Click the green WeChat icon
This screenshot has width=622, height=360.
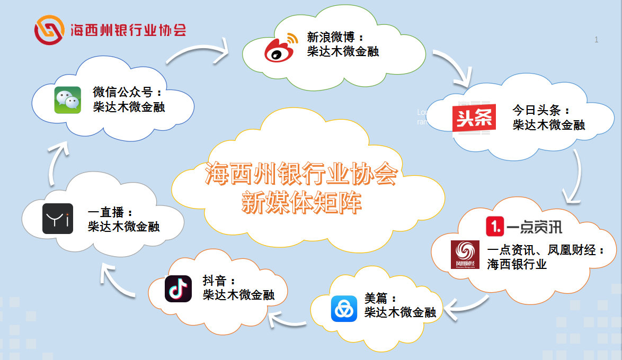point(67,100)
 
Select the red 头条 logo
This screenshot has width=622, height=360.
point(474,119)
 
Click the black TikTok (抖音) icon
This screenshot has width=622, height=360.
point(178,289)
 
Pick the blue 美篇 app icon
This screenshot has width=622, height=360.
point(344,308)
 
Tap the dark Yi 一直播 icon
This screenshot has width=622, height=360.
point(58,219)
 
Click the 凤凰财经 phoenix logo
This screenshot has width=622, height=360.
point(465,255)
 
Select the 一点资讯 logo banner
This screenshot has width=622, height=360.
point(523,227)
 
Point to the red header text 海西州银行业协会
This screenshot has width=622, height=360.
point(128,30)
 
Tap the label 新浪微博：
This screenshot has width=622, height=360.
point(335,38)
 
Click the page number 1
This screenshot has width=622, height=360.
point(597,40)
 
